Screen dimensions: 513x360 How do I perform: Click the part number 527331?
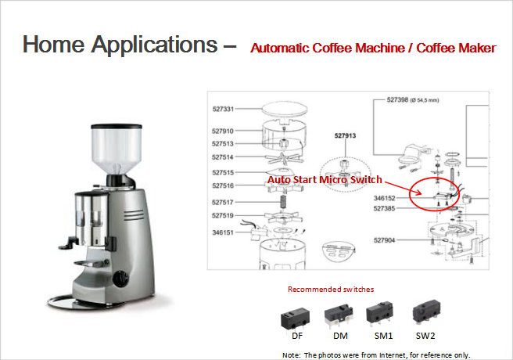point(223,109)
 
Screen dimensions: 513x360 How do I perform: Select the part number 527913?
point(345,135)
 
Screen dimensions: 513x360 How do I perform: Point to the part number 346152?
point(385,198)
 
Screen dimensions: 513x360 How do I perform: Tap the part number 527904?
point(385,240)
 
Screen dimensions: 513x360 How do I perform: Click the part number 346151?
point(223,232)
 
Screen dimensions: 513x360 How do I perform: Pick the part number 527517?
point(223,202)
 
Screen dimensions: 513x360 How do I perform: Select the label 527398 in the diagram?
point(397,100)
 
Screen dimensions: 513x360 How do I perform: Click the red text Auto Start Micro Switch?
point(325,180)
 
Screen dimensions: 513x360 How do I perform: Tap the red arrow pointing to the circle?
point(403,188)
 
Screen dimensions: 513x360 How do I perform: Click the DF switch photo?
point(295,318)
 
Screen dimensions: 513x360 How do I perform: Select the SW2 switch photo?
point(426,312)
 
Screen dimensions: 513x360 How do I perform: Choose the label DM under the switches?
point(340,336)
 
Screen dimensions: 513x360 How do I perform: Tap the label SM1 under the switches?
point(383,336)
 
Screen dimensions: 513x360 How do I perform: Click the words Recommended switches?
point(331,290)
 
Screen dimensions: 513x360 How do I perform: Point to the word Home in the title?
point(53,44)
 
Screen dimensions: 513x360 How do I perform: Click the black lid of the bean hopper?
point(117,126)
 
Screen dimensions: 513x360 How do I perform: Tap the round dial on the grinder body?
point(120,279)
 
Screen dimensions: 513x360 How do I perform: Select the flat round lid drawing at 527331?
point(285,109)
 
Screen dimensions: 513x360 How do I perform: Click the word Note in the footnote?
point(291,355)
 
